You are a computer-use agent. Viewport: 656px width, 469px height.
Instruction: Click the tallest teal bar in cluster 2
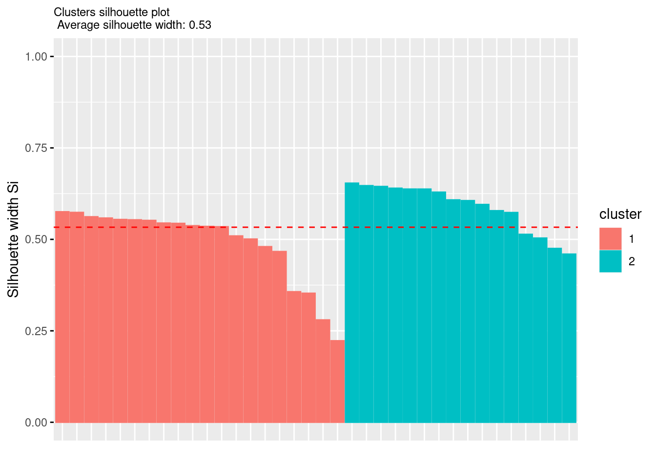tap(352, 303)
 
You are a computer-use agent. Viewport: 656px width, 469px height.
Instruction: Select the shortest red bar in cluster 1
tap(337, 381)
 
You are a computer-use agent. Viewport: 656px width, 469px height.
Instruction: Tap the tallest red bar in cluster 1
tap(62, 318)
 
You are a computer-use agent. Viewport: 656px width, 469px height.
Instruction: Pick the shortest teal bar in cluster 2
tap(569, 337)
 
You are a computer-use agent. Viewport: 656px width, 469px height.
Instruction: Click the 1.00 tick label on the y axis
tap(36, 57)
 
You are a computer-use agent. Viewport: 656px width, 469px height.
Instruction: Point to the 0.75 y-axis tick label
tap(36, 148)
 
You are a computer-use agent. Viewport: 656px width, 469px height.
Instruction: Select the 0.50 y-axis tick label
tap(36, 239)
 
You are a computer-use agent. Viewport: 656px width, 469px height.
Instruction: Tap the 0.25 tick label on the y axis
tap(36, 331)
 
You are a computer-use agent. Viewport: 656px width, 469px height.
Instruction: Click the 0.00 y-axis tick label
tap(36, 422)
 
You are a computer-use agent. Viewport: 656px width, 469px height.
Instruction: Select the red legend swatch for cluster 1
tap(610, 239)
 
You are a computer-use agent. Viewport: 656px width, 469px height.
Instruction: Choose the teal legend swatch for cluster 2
tap(610, 261)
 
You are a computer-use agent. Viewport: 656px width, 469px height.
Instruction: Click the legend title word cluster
tap(620, 214)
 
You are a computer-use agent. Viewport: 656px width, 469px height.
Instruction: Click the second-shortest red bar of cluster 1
tap(323, 371)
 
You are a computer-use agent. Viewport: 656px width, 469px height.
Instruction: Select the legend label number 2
tap(632, 261)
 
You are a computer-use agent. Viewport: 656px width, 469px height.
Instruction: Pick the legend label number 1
tap(632, 239)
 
